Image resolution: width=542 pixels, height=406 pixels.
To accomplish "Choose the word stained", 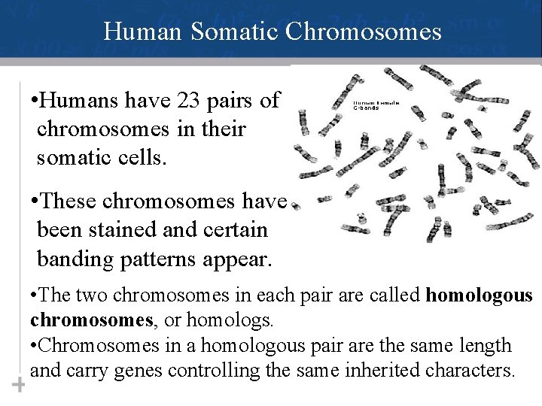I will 130,231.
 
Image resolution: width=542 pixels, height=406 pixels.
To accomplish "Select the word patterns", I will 154,259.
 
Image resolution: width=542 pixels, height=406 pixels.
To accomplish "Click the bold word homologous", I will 479,295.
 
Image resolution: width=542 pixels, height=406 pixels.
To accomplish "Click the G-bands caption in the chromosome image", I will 367,108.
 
